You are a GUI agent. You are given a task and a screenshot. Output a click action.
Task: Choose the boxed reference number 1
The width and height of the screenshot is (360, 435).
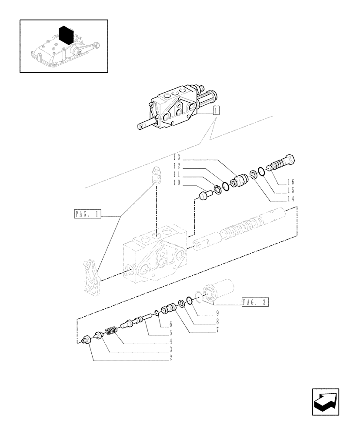click(216, 110)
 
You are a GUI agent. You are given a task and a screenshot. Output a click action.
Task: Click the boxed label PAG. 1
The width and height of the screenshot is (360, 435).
click(87, 214)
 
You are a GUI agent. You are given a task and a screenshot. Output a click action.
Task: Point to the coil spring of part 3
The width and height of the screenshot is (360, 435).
click(111, 333)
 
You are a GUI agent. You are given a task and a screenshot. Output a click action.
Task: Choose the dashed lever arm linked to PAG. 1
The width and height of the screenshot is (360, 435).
click(92, 279)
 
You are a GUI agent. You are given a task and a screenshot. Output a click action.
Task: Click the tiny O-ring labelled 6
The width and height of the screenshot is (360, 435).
click(155, 313)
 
